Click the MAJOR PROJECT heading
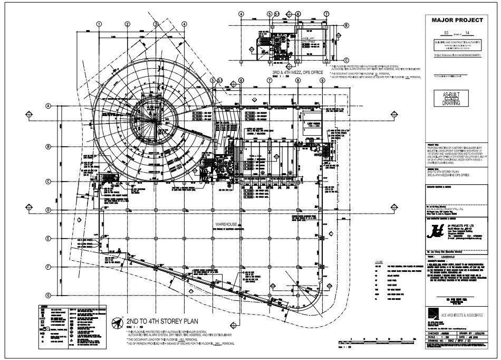click(457, 20)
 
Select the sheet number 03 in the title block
click(446, 33)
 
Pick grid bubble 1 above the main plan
click(99, 24)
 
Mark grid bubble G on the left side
click(48, 295)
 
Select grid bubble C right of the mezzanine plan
click(346, 59)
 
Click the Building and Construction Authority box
click(457, 43)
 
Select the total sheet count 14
click(465, 33)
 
